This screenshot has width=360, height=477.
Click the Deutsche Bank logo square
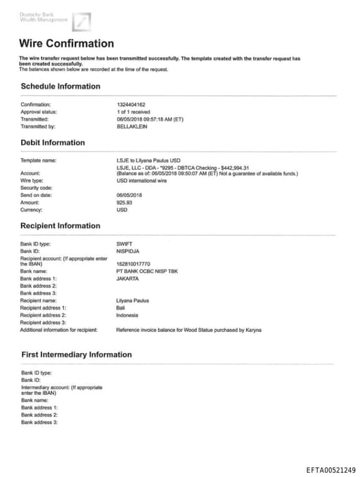[82, 22]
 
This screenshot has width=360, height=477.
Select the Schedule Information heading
[60, 87]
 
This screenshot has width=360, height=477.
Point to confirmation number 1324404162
[131, 104]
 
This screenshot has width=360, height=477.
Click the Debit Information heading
[53, 143]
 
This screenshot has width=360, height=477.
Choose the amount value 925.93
[124, 202]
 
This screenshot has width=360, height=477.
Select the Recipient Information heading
[60, 226]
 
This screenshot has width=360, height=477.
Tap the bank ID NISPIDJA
[129, 250]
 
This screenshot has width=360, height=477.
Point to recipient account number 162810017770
[133, 263]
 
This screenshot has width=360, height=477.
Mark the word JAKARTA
[128, 278]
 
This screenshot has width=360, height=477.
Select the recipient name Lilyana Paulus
[132, 300]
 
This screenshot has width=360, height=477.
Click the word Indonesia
[127, 315]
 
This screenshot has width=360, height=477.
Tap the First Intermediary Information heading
[76, 355]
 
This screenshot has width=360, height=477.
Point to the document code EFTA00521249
[330, 470]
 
